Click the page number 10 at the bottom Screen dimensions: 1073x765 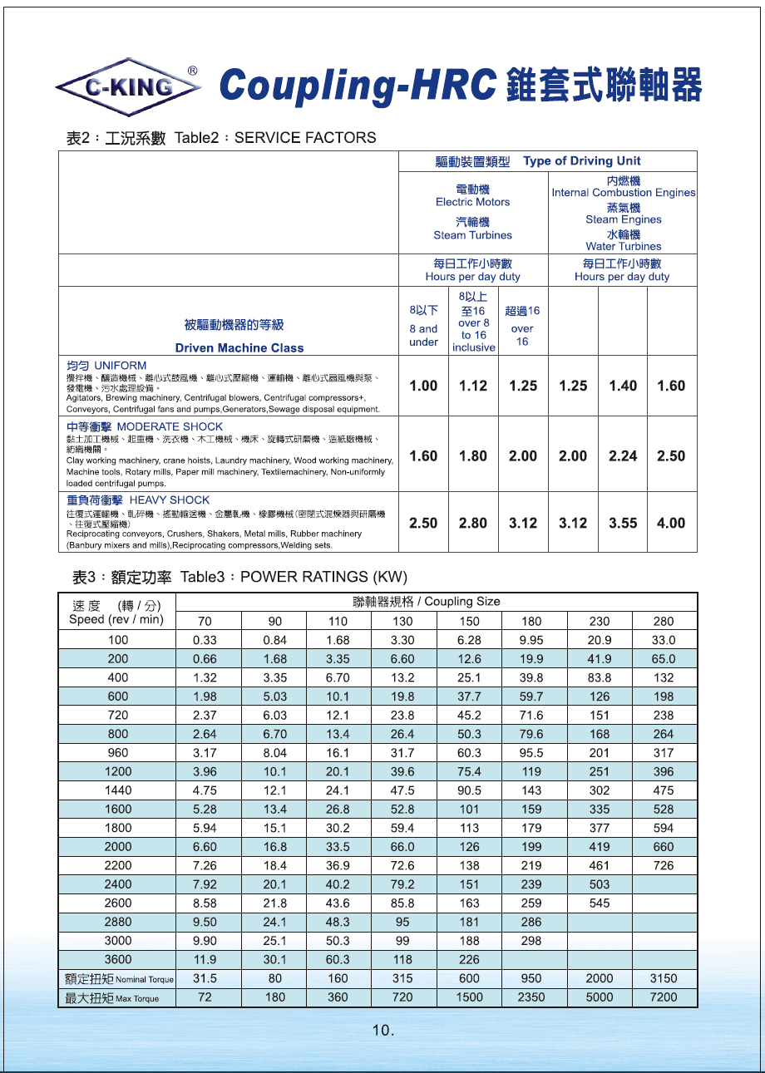point(382,1031)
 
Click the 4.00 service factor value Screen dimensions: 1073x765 point(671,523)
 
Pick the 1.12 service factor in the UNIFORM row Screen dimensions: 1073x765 point(473,386)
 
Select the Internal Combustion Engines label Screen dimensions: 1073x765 point(624,193)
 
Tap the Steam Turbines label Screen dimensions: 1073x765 point(472,235)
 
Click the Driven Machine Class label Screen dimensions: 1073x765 point(239,348)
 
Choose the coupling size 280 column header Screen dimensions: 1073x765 point(663,621)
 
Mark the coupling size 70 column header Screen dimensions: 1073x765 point(205,621)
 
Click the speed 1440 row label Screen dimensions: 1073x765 point(118,790)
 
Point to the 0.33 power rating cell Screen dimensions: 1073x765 point(205,640)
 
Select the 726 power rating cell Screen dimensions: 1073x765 point(663,865)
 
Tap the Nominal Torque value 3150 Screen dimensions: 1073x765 point(663,978)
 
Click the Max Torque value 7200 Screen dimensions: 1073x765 point(663,997)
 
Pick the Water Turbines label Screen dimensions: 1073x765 point(624,246)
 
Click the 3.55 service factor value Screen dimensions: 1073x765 point(622,523)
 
